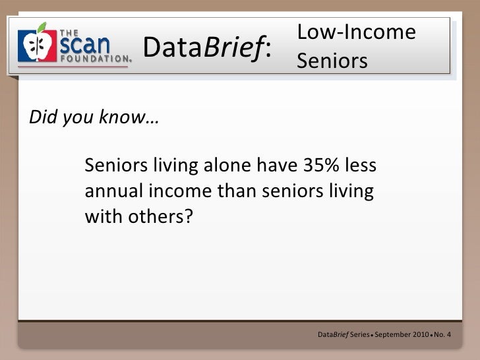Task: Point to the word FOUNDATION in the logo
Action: coord(94,58)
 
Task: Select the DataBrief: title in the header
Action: coord(207,47)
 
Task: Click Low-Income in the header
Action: coord(356,32)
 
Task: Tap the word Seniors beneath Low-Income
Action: coord(332,61)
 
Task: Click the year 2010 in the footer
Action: coord(421,335)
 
